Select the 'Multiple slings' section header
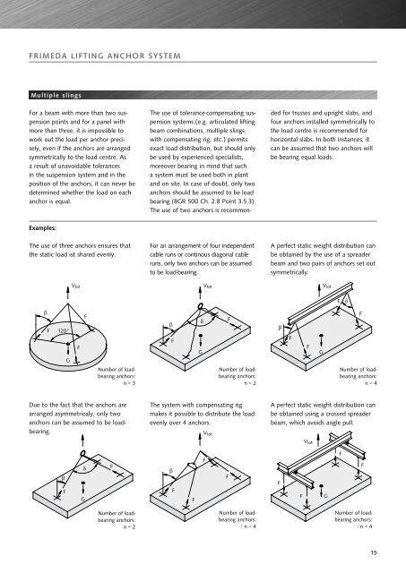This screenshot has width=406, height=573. pos(56,96)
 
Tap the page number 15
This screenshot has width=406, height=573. pos(374,552)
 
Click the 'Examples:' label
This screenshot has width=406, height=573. pos(42,228)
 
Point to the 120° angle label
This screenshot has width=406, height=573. pos(64,331)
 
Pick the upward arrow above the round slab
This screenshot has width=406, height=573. pos(68,293)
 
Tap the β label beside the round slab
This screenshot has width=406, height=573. pos(46,312)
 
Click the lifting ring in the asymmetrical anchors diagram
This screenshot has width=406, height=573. pos(82,454)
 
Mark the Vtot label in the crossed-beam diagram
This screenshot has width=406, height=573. pos(308,441)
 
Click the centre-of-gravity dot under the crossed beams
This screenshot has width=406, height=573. pos(321,486)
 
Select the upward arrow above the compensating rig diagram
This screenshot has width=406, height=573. pos(200,438)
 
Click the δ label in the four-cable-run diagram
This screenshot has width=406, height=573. pos(202,321)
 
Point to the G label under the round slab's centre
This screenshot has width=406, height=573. pos(68,360)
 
